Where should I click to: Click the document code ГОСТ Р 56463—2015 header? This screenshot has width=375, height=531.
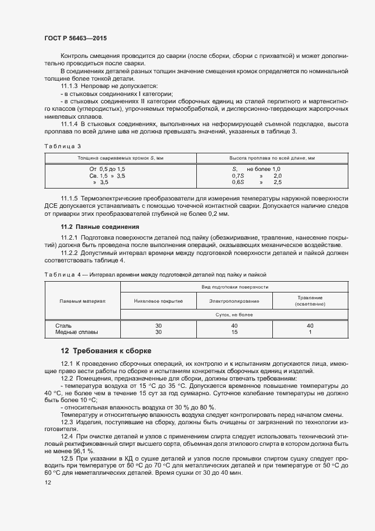point(75,37)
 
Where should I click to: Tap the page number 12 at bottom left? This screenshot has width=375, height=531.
point(48,482)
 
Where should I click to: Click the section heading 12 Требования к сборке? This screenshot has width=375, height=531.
point(106,350)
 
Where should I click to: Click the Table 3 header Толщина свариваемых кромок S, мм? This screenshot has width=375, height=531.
point(120,157)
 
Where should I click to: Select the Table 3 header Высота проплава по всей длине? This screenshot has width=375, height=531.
point(272,157)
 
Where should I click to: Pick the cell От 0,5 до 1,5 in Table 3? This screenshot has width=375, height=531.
point(107,169)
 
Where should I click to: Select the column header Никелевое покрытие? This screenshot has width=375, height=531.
point(158,300)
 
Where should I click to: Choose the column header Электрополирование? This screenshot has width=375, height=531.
point(234,300)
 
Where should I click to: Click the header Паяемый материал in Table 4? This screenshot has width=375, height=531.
point(82,300)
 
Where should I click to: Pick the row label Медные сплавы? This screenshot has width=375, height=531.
point(77,332)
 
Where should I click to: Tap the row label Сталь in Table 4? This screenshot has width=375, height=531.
point(64,326)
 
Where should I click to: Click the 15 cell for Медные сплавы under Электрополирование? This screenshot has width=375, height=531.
point(234,332)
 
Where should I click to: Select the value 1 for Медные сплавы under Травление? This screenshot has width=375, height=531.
point(310,332)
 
